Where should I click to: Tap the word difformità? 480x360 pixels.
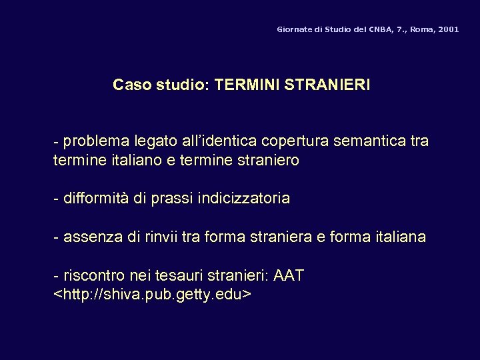[96, 199]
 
